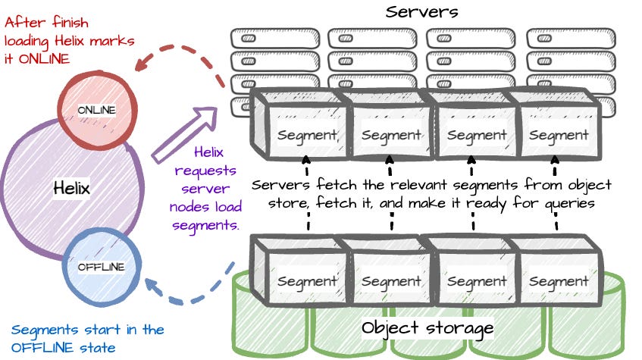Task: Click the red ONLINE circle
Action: (x=96, y=110)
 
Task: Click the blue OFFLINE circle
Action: (x=101, y=266)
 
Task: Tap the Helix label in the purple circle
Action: (x=72, y=188)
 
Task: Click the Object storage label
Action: (x=428, y=327)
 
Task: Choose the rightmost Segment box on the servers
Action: (x=559, y=135)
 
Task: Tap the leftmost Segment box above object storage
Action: (x=298, y=280)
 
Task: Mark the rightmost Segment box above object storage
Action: (x=559, y=280)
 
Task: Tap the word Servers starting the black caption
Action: (x=278, y=185)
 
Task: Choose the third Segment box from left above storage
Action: (x=476, y=280)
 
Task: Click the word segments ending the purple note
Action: (x=216, y=225)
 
